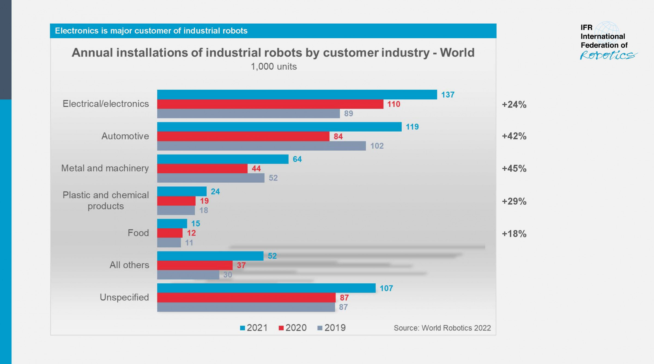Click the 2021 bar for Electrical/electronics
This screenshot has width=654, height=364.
297,95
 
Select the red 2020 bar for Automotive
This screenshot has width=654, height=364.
243,136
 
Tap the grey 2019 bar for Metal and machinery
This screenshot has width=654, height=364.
211,178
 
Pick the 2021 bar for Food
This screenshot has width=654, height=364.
172,223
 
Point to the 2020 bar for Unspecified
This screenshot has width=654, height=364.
246,298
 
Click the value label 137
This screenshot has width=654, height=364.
448,95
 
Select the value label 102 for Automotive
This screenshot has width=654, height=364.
377,146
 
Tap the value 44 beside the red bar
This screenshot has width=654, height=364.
256,169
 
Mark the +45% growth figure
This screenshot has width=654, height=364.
514,169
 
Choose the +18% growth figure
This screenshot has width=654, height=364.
514,234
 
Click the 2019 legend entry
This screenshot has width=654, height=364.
332,328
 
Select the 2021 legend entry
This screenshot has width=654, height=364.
254,328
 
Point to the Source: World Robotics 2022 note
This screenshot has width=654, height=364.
442,328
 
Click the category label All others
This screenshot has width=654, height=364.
129,265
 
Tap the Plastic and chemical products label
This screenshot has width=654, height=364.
106,201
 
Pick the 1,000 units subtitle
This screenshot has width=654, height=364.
274,67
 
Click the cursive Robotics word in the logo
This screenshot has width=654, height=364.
608,55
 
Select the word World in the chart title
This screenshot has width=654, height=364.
457,53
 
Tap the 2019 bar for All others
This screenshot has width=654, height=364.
188,275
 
